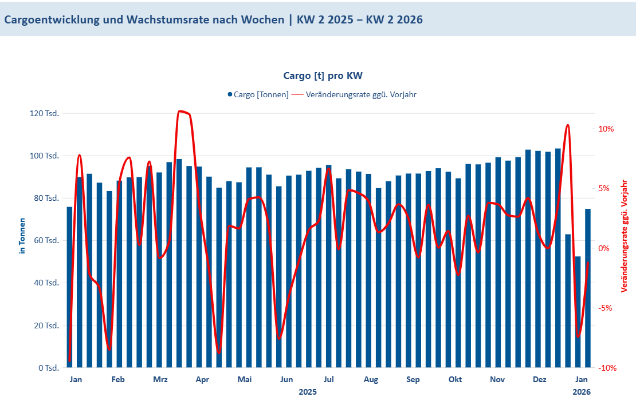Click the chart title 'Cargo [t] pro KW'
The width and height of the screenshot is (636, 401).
pos(323,76)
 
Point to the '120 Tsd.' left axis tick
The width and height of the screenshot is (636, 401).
pos(44,113)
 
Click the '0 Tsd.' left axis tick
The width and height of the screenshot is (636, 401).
pos(48,368)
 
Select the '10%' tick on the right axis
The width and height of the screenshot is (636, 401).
pos(606,129)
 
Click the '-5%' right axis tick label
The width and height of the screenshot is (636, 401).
pos(606,308)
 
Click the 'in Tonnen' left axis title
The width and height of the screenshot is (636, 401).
pos(22,236)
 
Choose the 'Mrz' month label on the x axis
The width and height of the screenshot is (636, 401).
pos(160,379)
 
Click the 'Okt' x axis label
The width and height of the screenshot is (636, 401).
pos(455,379)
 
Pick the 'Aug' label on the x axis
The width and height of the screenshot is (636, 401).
pos(371,379)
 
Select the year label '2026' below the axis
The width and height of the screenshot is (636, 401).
pos(582,392)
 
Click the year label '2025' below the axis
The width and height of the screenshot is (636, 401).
pos(308,392)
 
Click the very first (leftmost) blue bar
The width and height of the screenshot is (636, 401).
pos(69,287)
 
